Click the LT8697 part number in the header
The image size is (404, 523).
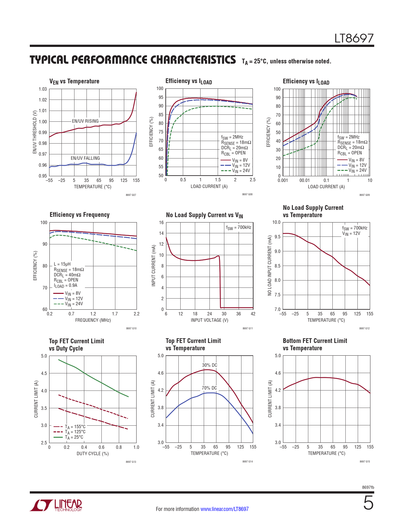point(354,38)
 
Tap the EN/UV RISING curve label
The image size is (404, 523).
point(85,121)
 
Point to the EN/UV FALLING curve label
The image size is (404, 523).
point(85,158)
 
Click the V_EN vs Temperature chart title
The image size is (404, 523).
point(74,81)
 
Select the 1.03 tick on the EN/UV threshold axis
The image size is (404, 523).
point(43,89)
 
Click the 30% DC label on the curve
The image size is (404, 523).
point(210,365)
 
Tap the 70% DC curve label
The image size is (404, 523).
point(209,388)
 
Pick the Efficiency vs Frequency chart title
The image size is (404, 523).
point(80,215)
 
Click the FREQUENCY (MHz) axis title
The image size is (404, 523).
point(93,320)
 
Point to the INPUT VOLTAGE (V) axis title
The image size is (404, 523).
point(209,320)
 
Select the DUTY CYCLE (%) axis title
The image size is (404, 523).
point(93,454)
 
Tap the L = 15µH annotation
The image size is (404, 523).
point(62,264)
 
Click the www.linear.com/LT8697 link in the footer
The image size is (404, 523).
point(224,509)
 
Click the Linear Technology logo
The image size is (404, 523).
point(56,505)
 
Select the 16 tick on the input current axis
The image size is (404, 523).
point(161,223)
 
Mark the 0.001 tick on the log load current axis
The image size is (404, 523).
point(283,180)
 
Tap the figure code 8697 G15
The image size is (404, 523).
point(364,462)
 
